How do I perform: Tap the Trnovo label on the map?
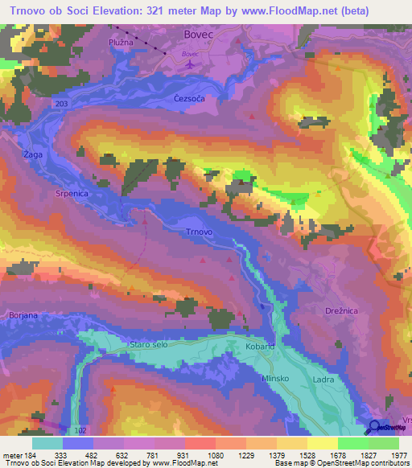coord(199,232)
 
